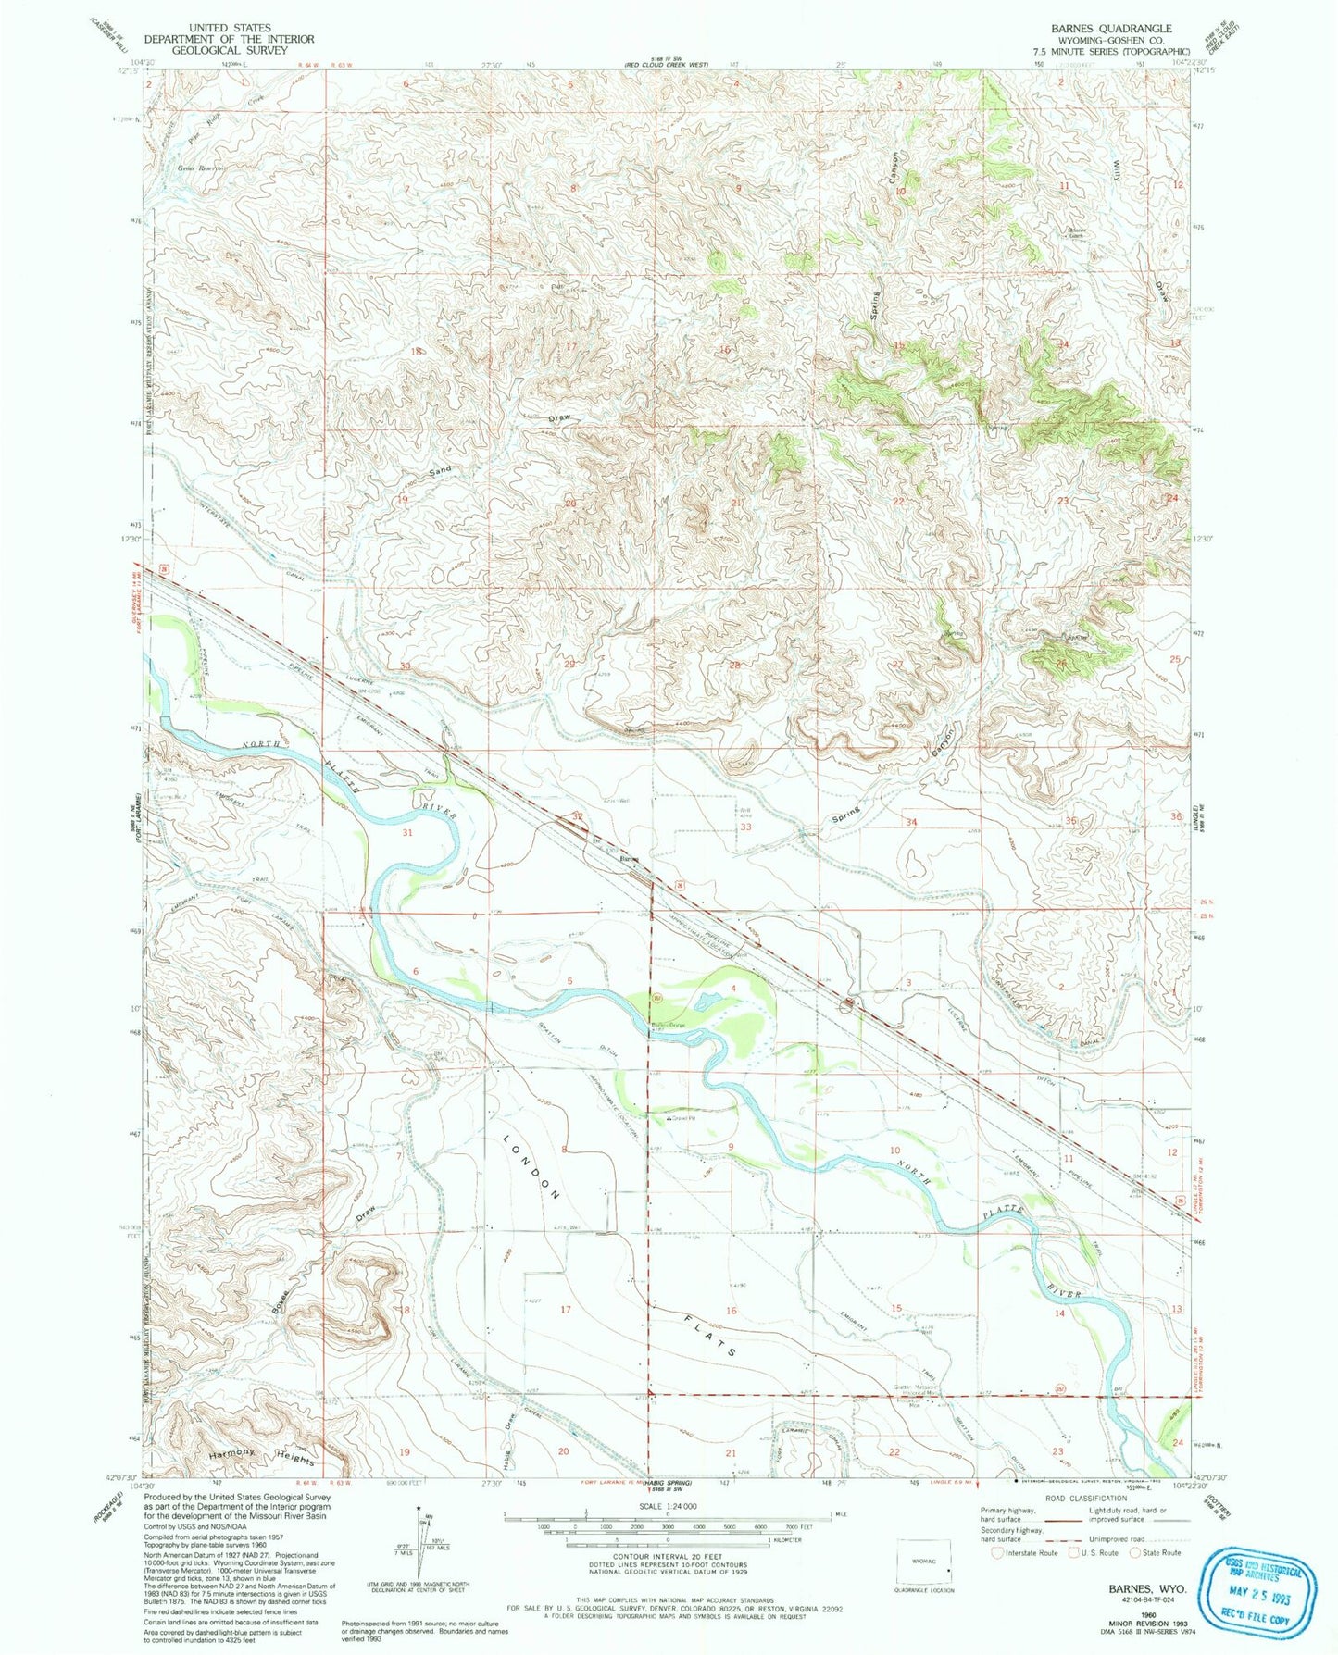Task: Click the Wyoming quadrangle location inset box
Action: (x=924, y=1566)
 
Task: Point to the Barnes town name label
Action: (x=630, y=859)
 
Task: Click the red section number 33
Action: (x=745, y=827)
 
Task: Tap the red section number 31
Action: (x=407, y=833)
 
